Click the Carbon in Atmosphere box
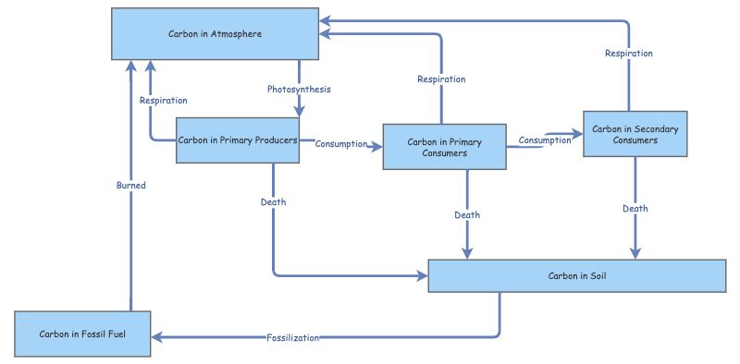tap(216, 34)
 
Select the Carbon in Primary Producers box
tap(238, 140)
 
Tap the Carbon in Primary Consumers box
tap(444, 147)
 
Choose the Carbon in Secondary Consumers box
tap(635, 135)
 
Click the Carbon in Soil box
tap(577, 276)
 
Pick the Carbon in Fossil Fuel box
tap(83, 334)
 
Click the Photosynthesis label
tap(299, 90)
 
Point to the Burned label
tap(130, 185)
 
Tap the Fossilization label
tap(292, 338)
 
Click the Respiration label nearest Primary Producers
tap(164, 100)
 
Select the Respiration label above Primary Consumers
tap(441, 79)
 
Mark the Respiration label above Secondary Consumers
tap(629, 54)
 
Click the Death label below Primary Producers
tap(274, 201)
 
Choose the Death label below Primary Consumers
tap(467, 215)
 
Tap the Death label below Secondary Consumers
tap(635, 209)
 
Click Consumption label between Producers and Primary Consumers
tap(341, 144)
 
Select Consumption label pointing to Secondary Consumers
tap(544, 140)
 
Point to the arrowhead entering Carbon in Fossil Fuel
tap(157, 338)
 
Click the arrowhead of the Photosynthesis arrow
tap(299, 112)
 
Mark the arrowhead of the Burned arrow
tap(130, 66)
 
